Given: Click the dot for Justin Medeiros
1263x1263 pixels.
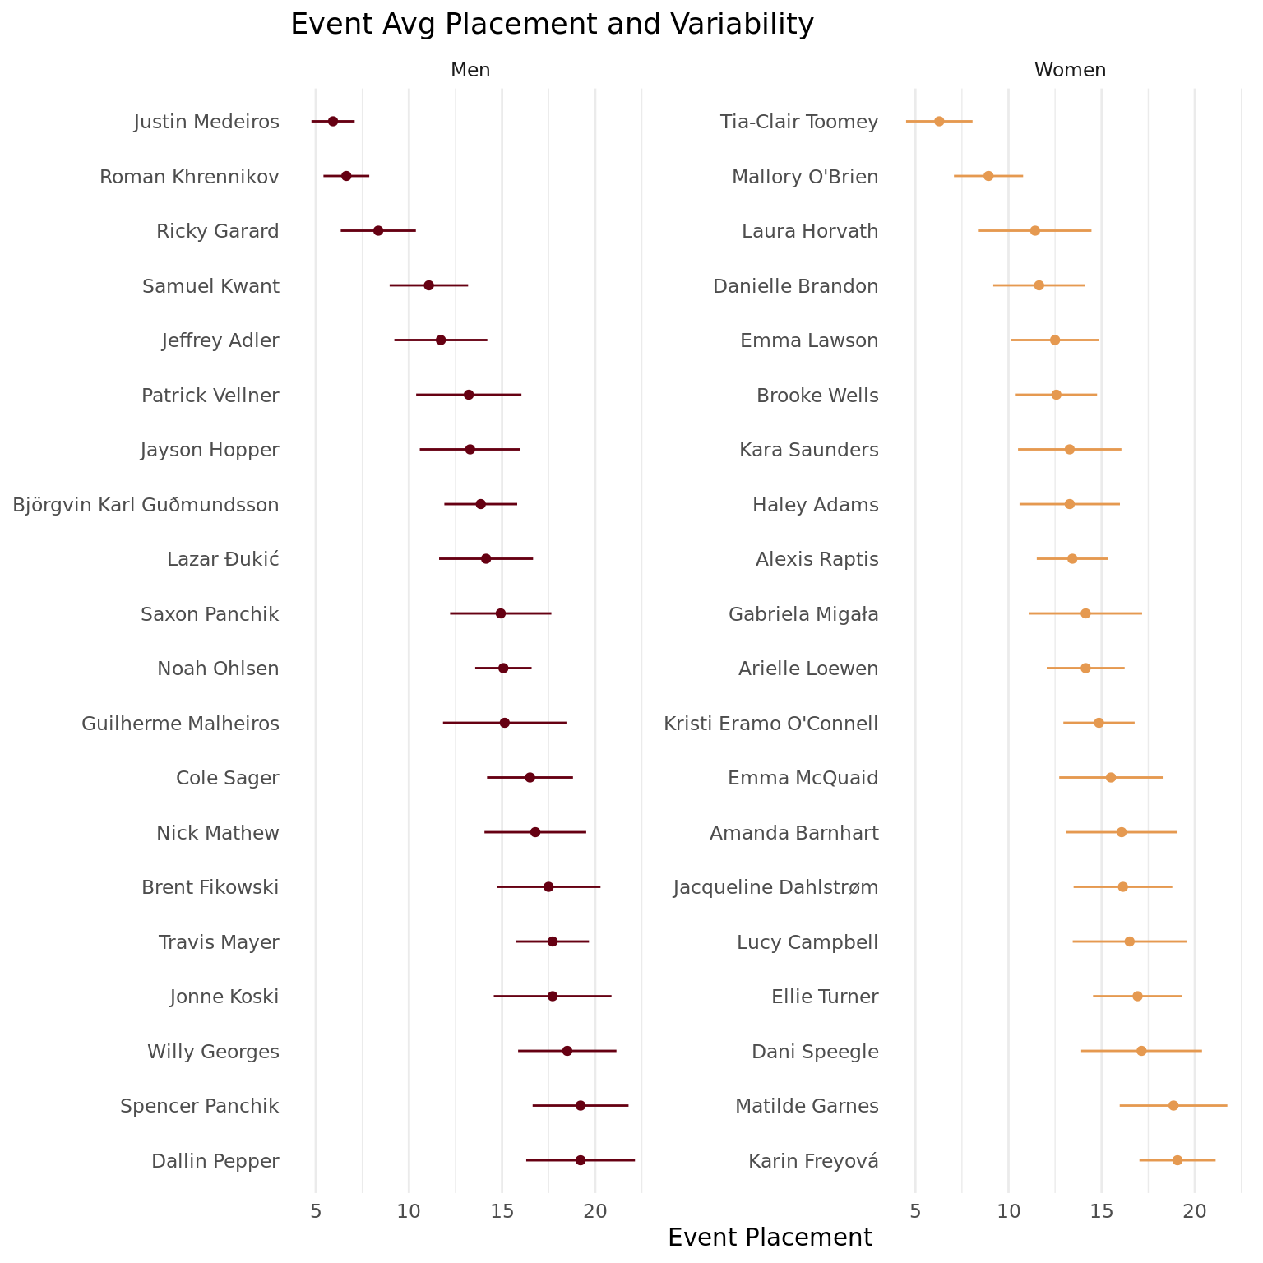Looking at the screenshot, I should pyautogui.click(x=333, y=122).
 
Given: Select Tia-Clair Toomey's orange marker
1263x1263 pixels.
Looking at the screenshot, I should pyautogui.click(x=939, y=122).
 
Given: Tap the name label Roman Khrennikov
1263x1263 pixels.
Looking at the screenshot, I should pyautogui.click(x=189, y=177).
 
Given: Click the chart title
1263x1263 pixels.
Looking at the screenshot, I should pyautogui.click(x=552, y=25).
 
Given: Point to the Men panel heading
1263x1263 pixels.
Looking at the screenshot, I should pyautogui.click(x=470, y=71).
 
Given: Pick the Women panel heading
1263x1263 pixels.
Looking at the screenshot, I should pyautogui.click(x=1070, y=71).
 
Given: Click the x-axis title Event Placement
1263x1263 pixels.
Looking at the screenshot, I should pyautogui.click(x=770, y=1238).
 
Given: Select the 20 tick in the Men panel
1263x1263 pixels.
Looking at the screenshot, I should pyautogui.click(x=595, y=1211).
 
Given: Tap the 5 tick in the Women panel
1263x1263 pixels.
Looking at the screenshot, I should pyautogui.click(x=915, y=1211).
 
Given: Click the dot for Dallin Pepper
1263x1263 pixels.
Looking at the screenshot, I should pyautogui.click(x=581, y=1160).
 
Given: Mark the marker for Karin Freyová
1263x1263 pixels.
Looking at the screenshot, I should pyautogui.click(x=1177, y=1160).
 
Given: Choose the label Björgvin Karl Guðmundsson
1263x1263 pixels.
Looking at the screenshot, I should pyautogui.click(x=146, y=505).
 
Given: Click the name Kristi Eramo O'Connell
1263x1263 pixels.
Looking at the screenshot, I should pyautogui.click(x=771, y=724).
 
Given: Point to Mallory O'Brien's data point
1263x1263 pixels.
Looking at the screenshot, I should pyautogui.click(x=988, y=176).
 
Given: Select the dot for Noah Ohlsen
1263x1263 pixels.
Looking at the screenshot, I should pyautogui.click(x=503, y=669).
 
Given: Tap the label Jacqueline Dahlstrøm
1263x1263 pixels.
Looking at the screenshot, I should pyautogui.click(x=776, y=887).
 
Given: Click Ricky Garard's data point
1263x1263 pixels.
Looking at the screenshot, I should pyautogui.click(x=378, y=231).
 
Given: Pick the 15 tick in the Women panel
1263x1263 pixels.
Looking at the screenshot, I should pyautogui.click(x=1102, y=1211).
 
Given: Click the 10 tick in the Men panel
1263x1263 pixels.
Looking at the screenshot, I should pyautogui.click(x=409, y=1211).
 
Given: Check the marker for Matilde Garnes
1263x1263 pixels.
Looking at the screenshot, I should pyautogui.click(x=1173, y=1106).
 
